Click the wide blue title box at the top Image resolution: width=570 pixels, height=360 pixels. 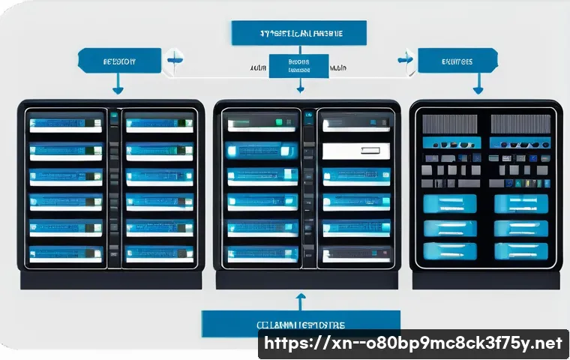tap(298, 33)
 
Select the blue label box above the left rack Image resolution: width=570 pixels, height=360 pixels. tap(119, 61)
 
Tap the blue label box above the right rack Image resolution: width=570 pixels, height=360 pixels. tap(457, 61)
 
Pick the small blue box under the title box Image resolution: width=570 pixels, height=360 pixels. tap(299, 65)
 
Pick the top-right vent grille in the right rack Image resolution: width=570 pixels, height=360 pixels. tap(520, 124)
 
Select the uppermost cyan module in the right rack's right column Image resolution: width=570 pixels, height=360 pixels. tap(521, 202)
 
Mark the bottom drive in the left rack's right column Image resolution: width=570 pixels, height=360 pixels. tap(160, 253)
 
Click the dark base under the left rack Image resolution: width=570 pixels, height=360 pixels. tap(110, 280)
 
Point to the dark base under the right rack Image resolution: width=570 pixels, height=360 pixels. tap(484, 280)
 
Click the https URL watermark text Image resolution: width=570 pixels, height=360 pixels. tap(411, 343)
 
